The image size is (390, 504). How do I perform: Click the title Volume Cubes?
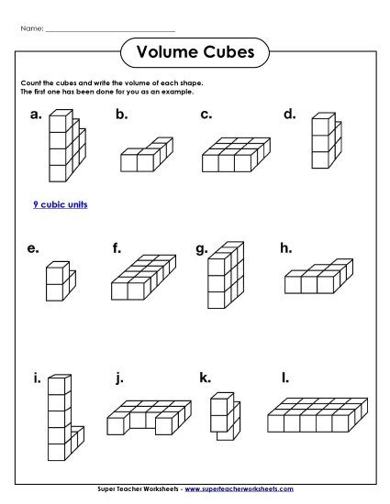pos(195,52)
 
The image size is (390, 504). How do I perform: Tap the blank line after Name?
pos(109,30)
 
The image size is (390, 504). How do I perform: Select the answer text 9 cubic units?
pos(60,204)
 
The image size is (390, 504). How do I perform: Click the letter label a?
pos(36,115)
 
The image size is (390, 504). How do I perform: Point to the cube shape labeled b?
pos(145,156)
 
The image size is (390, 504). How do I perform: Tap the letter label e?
pos(33,247)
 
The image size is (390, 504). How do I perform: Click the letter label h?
pos(285,247)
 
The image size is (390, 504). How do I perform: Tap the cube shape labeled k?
pos(222,415)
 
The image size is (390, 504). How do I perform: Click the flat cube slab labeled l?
pos(316,414)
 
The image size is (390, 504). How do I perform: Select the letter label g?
pos(201,247)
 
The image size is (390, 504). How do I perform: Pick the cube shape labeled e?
pos(60,281)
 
